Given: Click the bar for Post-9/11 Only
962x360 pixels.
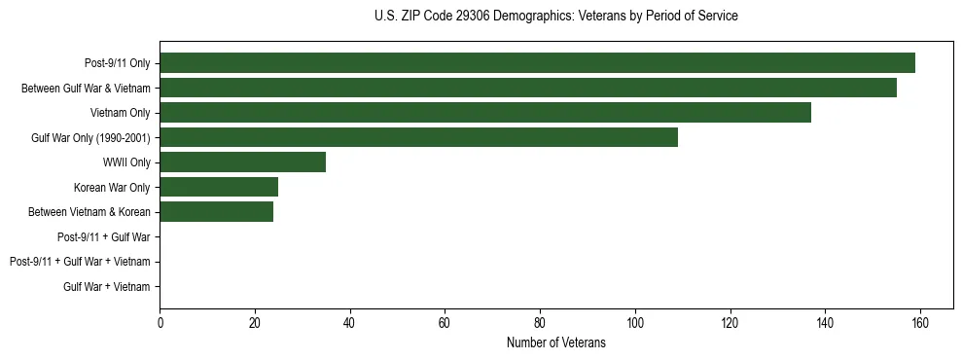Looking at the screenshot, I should [x=537, y=63].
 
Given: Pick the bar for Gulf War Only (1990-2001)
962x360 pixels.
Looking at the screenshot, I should [x=418, y=137].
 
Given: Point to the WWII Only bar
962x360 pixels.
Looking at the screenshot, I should [x=242, y=162].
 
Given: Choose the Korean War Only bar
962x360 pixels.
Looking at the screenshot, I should [x=219, y=187].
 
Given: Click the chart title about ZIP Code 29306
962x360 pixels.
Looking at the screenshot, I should [x=555, y=17].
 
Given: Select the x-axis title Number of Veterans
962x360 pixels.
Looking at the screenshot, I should [x=555, y=343].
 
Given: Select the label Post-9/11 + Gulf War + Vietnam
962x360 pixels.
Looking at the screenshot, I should [x=80, y=262].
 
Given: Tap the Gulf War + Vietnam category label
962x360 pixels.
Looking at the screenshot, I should [x=107, y=286].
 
